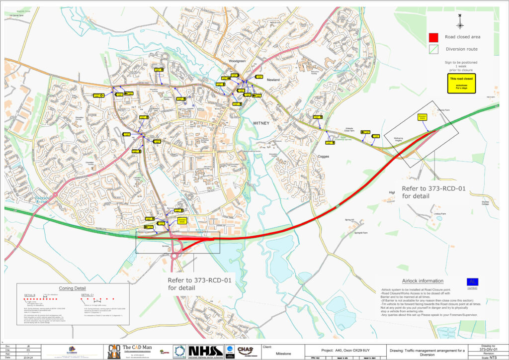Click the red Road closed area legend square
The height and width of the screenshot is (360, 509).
[x=434, y=37]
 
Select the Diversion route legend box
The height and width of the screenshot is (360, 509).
[x=434, y=49]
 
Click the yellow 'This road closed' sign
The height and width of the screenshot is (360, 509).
[x=461, y=83]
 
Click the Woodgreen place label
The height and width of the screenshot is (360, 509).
[x=237, y=61]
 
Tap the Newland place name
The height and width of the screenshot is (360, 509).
[x=273, y=80]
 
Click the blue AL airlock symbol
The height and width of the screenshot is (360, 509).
[x=472, y=281]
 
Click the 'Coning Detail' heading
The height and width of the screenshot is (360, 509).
[x=73, y=288]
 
